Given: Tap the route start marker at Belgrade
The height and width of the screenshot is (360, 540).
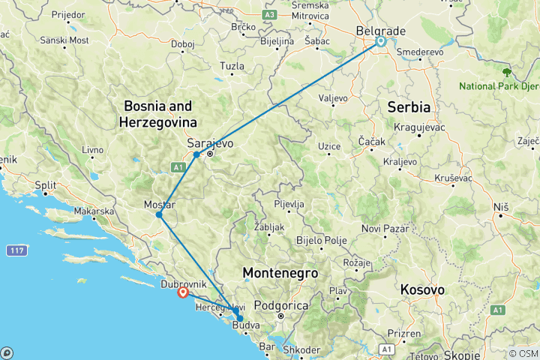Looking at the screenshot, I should click(381, 42).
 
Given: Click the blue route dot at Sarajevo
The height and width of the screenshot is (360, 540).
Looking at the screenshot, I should click(196, 154).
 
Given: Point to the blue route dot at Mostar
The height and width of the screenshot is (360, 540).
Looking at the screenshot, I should click(159, 215).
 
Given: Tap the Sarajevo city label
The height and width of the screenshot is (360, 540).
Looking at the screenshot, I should click(210, 142).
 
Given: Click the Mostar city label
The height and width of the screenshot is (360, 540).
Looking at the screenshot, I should click(159, 205).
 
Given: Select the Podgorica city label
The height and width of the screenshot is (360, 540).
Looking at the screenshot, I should click(283, 305).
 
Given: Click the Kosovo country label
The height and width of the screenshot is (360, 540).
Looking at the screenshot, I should click(422, 289).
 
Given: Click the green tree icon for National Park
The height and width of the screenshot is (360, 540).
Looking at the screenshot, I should click(508, 72).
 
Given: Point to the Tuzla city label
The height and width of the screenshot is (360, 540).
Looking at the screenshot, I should click(232, 67).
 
